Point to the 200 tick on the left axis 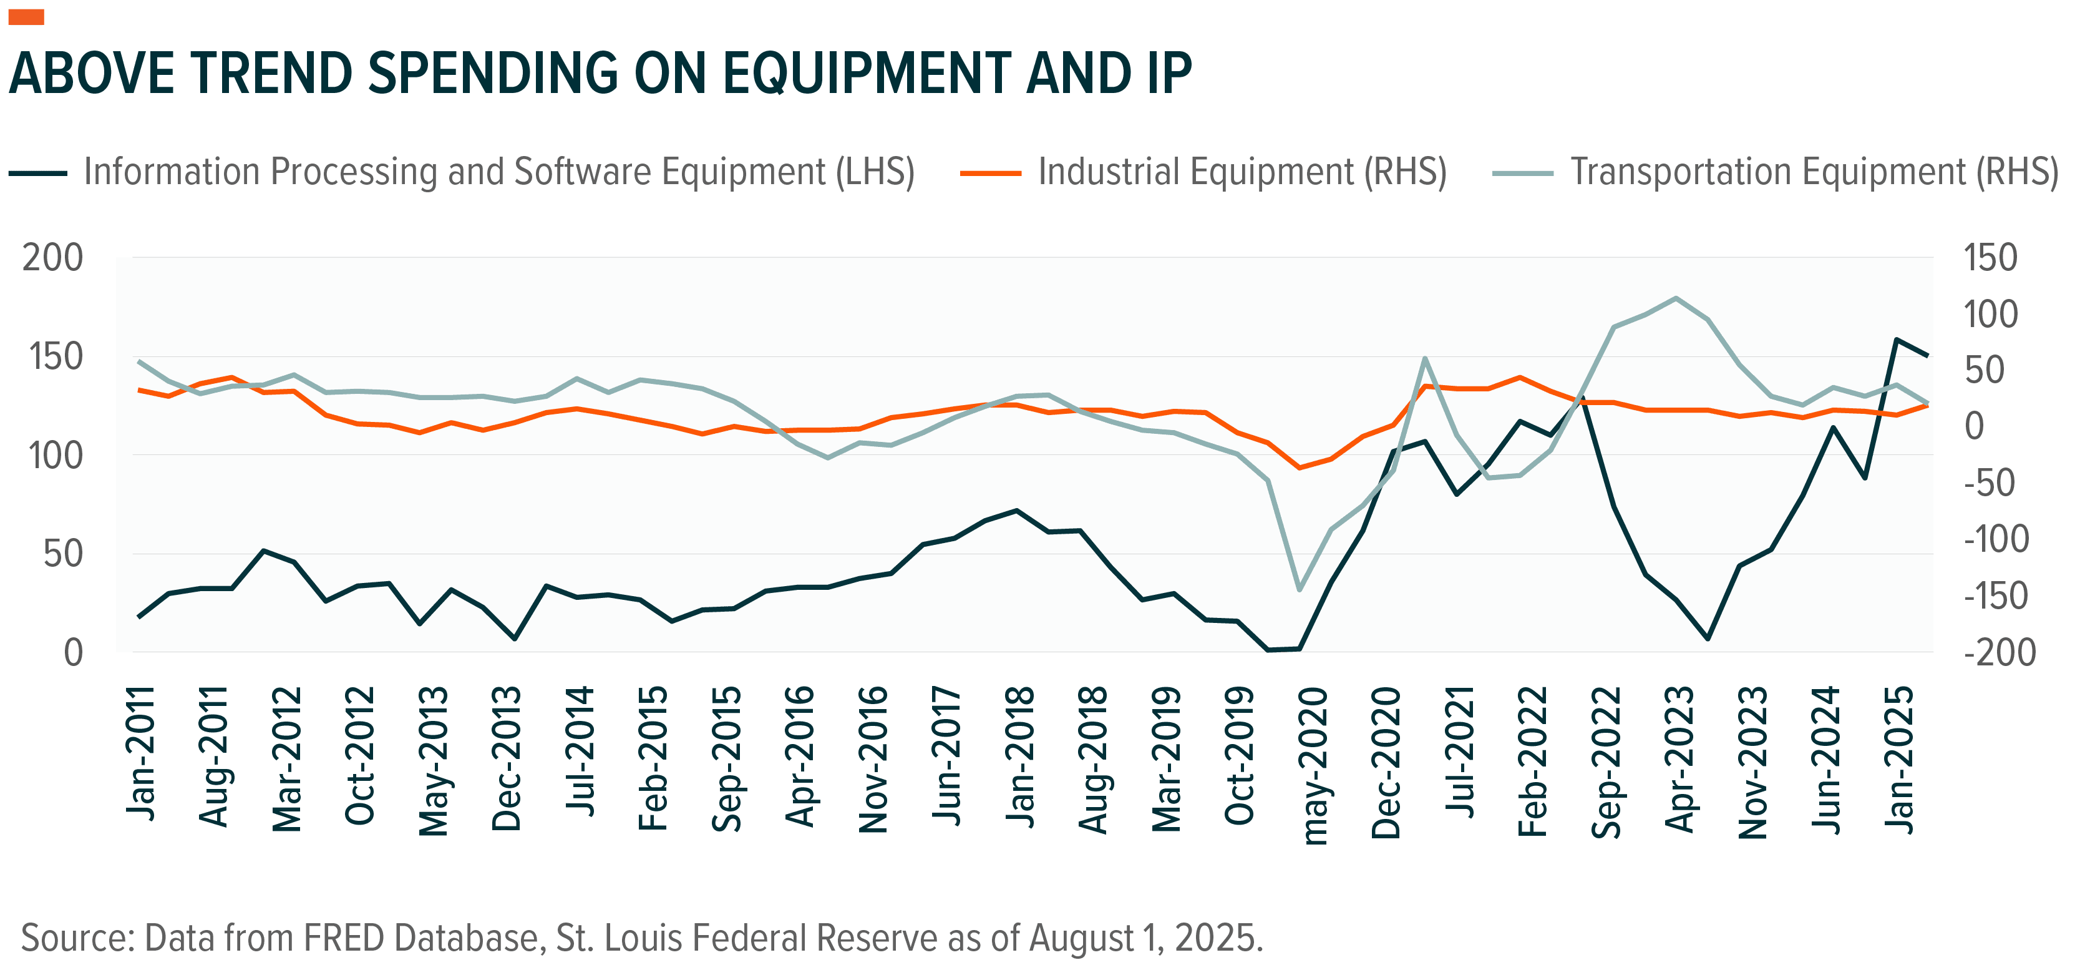[x=53, y=258]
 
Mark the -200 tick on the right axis [x=2000, y=652]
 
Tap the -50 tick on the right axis [x=1995, y=484]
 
